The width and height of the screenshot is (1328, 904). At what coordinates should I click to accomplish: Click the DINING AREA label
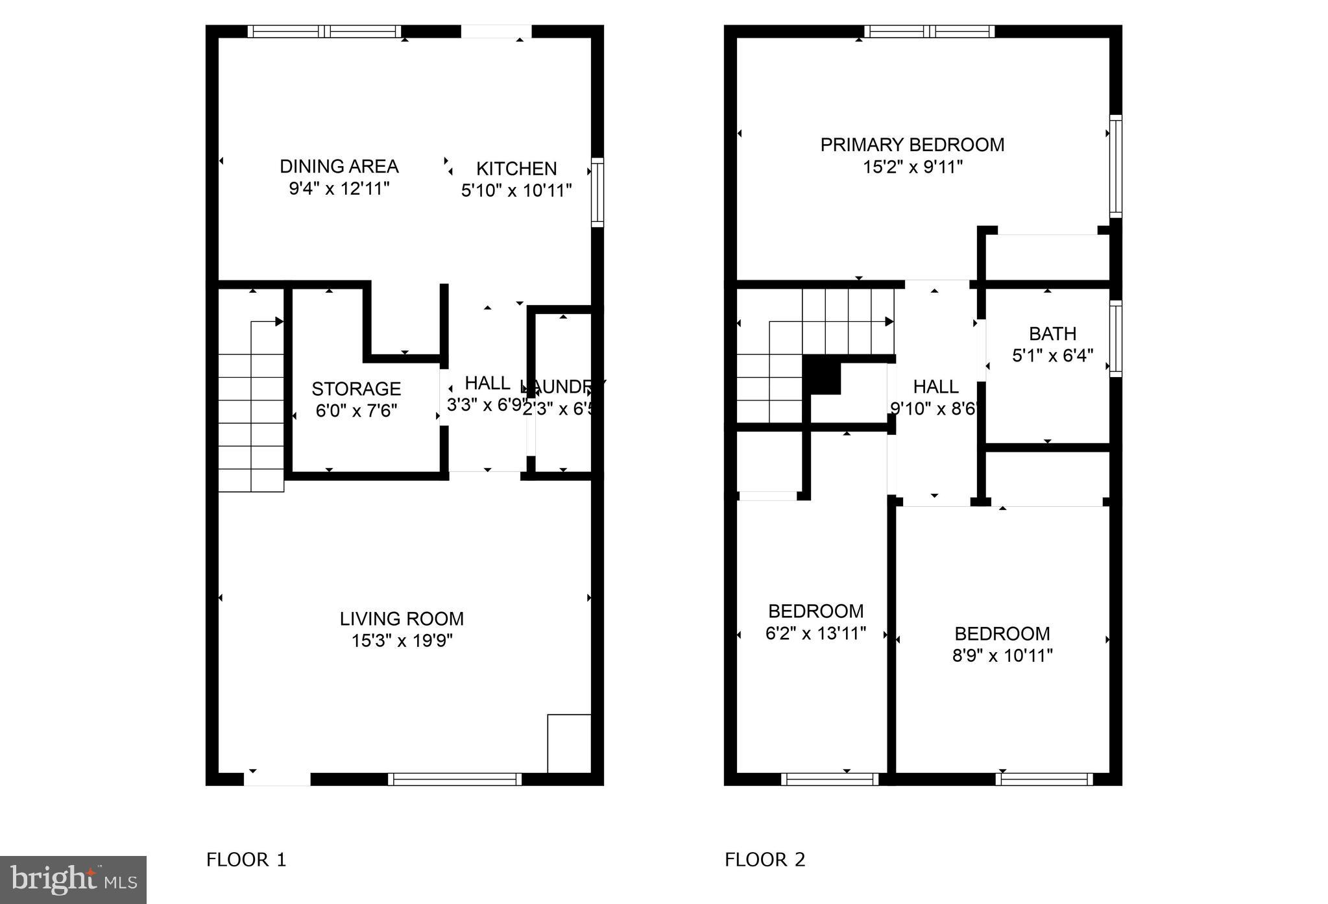(339, 166)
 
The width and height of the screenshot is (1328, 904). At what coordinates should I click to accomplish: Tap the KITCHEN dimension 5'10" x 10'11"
(516, 191)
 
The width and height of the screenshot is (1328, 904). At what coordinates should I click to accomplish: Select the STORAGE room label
(356, 389)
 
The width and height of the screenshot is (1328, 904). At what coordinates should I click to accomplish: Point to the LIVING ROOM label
(402, 618)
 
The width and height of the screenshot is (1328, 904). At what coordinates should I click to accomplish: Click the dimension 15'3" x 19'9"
(402, 641)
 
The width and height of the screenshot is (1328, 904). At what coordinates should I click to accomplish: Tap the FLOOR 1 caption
(246, 860)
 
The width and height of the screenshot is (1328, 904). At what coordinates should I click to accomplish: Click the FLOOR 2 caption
(765, 860)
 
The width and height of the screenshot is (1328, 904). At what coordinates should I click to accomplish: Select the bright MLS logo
(73, 880)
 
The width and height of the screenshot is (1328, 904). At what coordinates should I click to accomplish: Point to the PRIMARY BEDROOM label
(912, 145)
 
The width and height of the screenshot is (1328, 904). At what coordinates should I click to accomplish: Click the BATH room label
(1052, 334)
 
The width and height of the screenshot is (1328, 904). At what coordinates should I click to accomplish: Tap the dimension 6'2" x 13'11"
(815, 633)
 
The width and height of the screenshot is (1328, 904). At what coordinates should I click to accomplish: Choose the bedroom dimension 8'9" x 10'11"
(1002, 655)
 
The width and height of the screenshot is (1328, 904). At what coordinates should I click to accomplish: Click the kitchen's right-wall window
(598, 192)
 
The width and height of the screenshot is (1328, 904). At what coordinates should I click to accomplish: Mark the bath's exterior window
(1115, 338)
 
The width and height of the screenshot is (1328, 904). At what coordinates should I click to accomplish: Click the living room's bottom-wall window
(455, 779)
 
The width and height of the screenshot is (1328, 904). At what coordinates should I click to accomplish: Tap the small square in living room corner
(569, 744)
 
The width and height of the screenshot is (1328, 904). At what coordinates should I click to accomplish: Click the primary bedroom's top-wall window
(929, 31)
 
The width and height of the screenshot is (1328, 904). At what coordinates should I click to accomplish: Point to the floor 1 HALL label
(487, 383)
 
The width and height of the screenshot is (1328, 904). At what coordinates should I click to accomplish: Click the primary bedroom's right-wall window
(1115, 166)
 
